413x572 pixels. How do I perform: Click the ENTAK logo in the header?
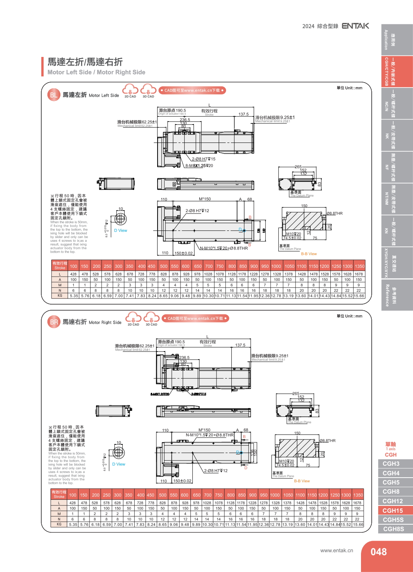355,26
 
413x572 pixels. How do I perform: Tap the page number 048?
378,552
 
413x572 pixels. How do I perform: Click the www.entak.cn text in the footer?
337,551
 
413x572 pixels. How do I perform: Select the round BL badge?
54,95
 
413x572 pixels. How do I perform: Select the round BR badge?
54,322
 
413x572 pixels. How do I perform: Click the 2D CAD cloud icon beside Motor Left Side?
130,91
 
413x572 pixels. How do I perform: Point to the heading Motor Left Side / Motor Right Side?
96,72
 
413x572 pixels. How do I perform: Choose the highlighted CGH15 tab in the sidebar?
393,510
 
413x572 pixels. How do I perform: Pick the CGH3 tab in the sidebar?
391,463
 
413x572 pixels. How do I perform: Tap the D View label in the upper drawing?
120,230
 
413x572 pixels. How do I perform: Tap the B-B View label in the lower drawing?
302,481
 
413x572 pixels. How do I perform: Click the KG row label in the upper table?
60,296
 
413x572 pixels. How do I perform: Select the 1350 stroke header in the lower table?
358,495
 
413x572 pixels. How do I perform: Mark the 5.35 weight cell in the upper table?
74,296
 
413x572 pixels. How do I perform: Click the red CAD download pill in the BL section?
192,91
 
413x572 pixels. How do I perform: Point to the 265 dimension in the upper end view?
298,167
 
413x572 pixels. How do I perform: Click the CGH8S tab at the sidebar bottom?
393,529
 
